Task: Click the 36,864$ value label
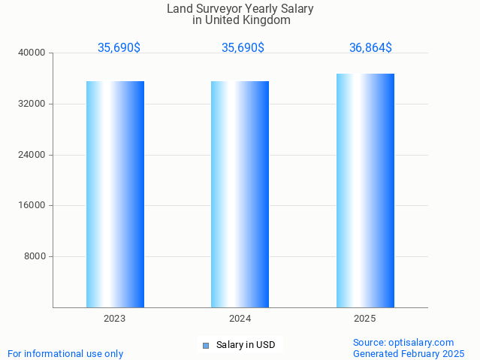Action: click(370, 48)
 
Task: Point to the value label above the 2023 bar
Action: click(119, 48)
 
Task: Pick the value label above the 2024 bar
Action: click(243, 48)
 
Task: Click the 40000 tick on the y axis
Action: click(32, 53)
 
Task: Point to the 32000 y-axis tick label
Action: click(32, 104)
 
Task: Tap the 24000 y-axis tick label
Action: click(32, 155)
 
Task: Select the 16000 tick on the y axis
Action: click(32, 205)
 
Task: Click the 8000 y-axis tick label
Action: click(35, 256)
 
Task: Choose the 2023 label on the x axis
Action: click(115, 319)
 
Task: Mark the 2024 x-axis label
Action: click(240, 319)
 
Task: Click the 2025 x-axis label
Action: click(365, 319)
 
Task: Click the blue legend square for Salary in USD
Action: click(205, 346)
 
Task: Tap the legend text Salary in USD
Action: click(246, 346)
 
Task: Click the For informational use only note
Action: click(65, 353)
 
